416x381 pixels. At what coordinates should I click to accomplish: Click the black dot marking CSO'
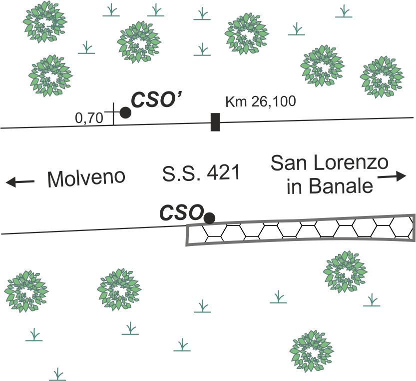(x=125, y=113)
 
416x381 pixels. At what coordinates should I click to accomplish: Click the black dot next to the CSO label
(x=210, y=217)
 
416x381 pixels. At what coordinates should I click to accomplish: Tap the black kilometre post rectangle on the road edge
(x=215, y=122)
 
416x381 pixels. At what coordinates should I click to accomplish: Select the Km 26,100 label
(x=261, y=102)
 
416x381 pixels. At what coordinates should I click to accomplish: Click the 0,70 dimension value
(x=88, y=118)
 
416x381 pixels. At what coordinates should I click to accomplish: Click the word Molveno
(x=85, y=178)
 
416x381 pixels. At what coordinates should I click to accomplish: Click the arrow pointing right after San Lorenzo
(x=393, y=176)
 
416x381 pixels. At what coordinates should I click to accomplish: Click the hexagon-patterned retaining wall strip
(x=300, y=230)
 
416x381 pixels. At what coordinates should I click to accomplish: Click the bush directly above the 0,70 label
(x=50, y=75)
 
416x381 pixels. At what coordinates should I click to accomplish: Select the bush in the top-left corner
(x=45, y=21)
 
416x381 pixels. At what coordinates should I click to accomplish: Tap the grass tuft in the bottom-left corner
(x=58, y=374)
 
